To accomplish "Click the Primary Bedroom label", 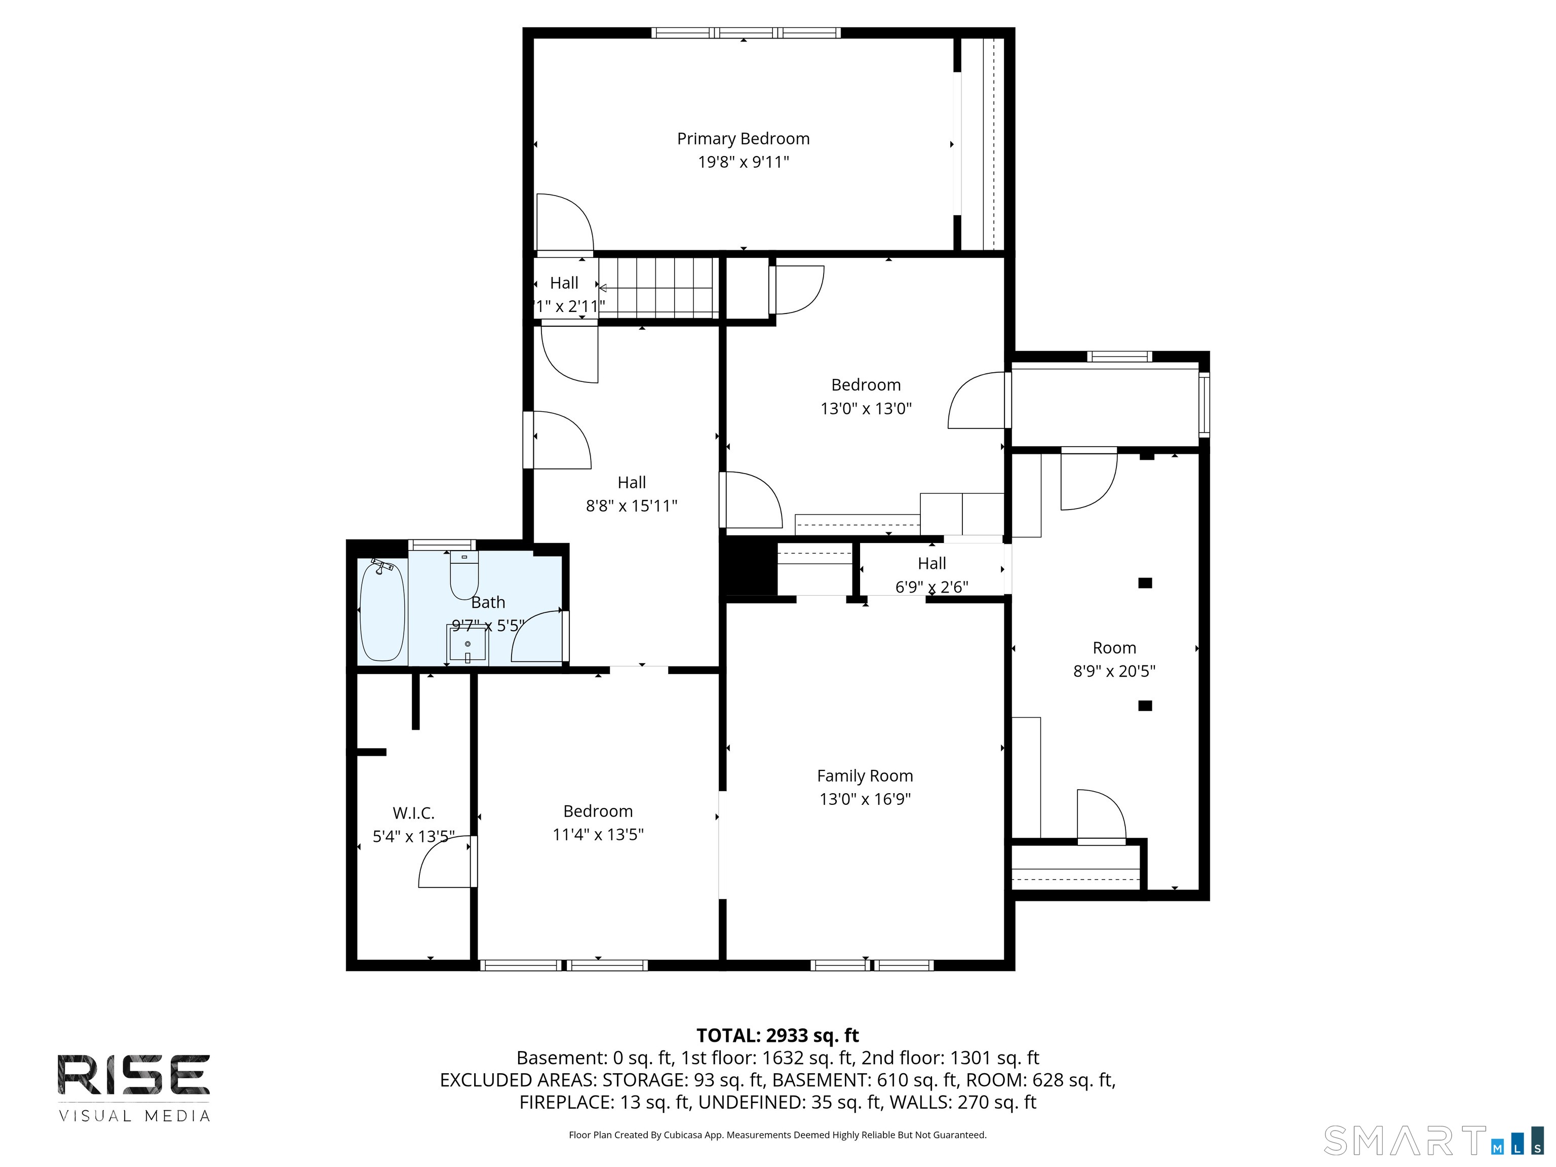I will pyautogui.click(x=743, y=139).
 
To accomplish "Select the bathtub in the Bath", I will pyautogui.click(x=382, y=610).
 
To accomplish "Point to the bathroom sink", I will pyautogui.click(x=468, y=644).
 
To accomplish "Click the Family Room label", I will pyautogui.click(x=865, y=776).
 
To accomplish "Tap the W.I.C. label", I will pyautogui.click(x=414, y=813).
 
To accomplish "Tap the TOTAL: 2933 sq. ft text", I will pyautogui.click(x=777, y=1035).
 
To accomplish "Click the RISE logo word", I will pyautogui.click(x=134, y=1074).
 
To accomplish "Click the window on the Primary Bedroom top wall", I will pyautogui.click(x=745, y=32).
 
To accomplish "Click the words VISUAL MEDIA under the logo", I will pyautogui.click(x=134, y=1116).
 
